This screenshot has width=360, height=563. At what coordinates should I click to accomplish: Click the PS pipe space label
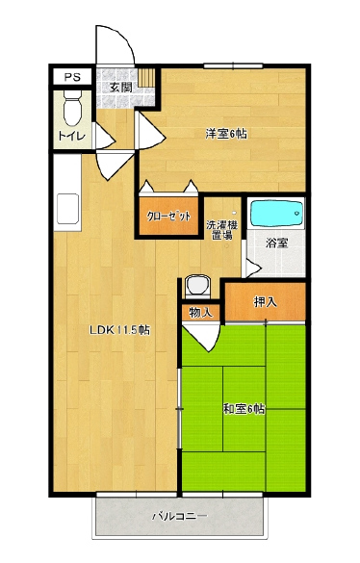tap(72, 77)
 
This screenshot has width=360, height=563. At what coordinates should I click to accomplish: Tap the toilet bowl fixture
tap(72, 108)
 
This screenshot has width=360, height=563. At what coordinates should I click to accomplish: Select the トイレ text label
tap(72, 136)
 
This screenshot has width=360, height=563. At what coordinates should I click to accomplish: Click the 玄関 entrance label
tap(120, 88)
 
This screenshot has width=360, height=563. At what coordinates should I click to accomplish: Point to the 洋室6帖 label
tap(226, 134)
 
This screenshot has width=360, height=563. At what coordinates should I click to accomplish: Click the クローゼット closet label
tap(168, 217)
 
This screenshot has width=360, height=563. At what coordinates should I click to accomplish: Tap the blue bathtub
tap(276, 214)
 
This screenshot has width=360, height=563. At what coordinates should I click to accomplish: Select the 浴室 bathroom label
tap(276, 243)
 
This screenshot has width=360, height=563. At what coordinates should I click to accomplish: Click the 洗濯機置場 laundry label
tap(221, 230)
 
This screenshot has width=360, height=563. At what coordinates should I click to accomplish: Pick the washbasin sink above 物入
tap(197, 286)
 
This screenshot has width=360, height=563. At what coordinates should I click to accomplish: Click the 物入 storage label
tap(200, 313)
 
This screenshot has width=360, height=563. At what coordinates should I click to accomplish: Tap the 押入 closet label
tap(265, 302)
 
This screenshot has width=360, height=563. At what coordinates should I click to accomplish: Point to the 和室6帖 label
tap(244, 409)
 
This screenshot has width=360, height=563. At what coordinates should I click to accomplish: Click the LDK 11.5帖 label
tap(119, 330)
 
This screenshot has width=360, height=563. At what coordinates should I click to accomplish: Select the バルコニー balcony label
tap(180, 517)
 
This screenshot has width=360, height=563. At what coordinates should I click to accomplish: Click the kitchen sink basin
tap(67, 209)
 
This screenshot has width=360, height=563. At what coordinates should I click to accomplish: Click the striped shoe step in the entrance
tap(146, 78)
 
